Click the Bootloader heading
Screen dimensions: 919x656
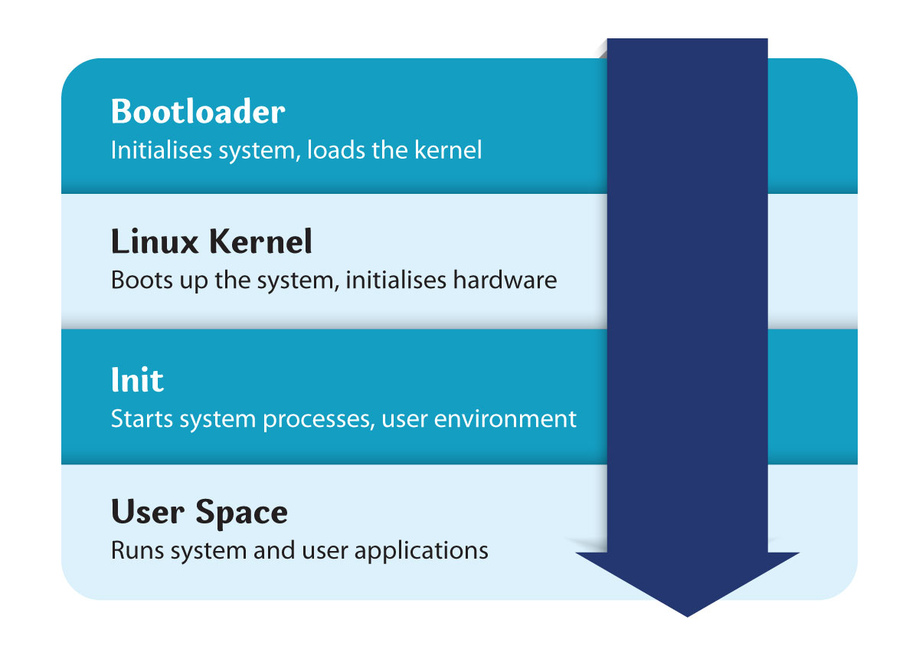pyautogui.click(x=198, y=111)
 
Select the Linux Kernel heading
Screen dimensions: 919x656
pyautogui.click(x=211, y=241)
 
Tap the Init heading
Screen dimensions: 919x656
pyautogui.click(x=137, y=379)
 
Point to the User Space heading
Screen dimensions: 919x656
pyautogui.click(x=199, y=512)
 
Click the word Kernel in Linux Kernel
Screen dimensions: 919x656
pyautogui.click(x=260, y=241)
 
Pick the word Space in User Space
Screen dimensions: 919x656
pyautogui.click(x=242, y=513)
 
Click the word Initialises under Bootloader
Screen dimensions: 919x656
pyautogui.click(x=162, y=150)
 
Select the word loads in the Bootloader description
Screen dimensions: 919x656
pyautogui.click(x=336, y=150)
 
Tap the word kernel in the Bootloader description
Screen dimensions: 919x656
pyautogui.click(x=448, y=150)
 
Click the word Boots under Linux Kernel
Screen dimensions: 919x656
pyautogui.click(x=142, y=280)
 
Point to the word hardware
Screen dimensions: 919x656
pyautogui.click(x=505, y=280)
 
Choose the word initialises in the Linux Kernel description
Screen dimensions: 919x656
pyautogui.click(x=395, y=280)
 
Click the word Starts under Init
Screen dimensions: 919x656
pyautogui.click(x=142, y=418)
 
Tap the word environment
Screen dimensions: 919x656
pyautogui.click(x=505, y=418)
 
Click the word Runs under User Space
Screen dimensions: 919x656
pyautogui.click(x=137, y=550)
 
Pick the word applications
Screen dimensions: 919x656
pyautogui.click(x=421, y=551)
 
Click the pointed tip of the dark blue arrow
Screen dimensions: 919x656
pyautogui.click(x=687, y=616)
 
